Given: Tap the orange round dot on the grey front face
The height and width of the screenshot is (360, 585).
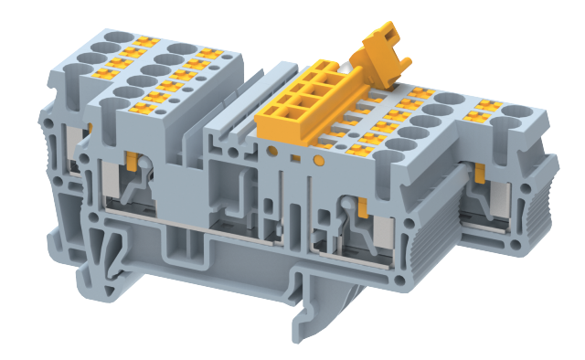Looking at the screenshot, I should point(318,159).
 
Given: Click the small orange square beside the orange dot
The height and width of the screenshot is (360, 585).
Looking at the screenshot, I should point(296,159).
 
